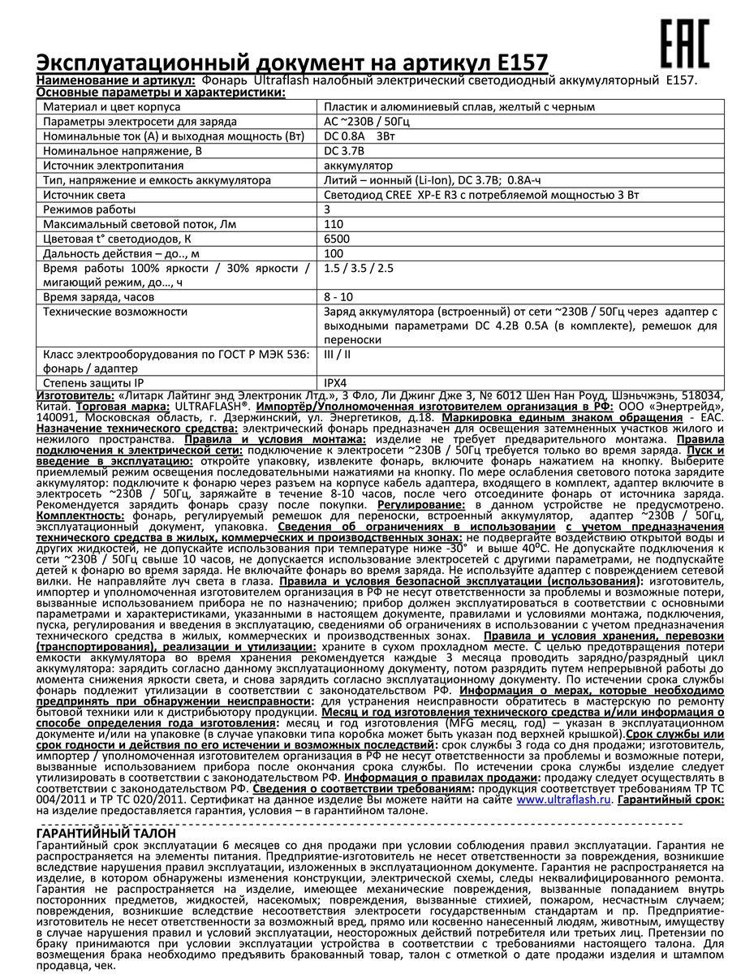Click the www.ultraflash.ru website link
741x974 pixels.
pyautogui.click(x=563, y=799)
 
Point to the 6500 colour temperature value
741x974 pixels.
pyautogui.click(x=335, y=239)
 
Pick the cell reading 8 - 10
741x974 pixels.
pyautogui.click(x=338, y=298)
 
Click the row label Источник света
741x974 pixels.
pyautogui.click(x=84, y=195)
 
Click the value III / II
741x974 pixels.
pyautogui.click(x=338, y=355)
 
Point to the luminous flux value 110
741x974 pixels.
pyautogui.click(x=333, y=224)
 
